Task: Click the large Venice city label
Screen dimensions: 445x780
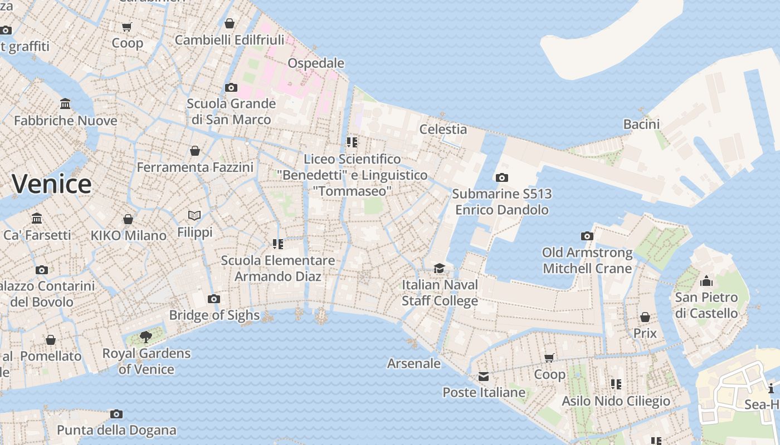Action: click(52, 184)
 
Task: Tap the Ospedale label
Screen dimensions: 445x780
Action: click(316, 63)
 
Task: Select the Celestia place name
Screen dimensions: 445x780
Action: click(443, 129)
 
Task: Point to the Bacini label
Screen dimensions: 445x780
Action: click(641, 124)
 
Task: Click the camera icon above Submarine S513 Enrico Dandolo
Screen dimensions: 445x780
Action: click(502, 178)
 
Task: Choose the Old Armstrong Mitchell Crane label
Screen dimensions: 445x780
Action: click(587, 260)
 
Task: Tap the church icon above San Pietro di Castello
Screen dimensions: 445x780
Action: click(706, 281)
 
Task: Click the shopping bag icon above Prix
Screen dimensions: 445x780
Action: click(645, 318)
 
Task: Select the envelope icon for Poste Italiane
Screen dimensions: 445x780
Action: click(484, 377)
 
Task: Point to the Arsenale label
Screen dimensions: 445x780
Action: click(414, 364)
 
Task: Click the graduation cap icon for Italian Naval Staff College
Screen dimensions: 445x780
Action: click(440, 269)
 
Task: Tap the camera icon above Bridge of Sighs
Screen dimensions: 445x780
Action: click(214, 299)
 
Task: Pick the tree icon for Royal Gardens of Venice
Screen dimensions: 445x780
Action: click(146, 337)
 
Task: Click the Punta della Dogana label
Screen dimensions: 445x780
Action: click(116, 430)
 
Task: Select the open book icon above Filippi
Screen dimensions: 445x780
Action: click(194, 216)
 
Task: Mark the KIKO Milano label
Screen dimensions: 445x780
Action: click(129, 235)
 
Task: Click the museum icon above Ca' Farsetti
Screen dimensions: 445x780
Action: click(37, 219)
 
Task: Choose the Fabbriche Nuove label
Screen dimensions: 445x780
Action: click(66, 121)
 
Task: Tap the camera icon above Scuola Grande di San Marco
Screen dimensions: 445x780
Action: click(231, 88)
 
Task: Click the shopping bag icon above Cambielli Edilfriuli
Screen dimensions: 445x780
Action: click(229, 23)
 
